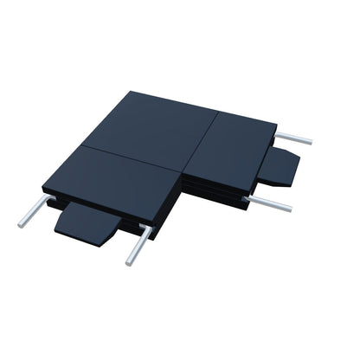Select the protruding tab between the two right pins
click(282, 168)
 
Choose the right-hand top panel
click(229, 147)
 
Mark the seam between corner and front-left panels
click(130, 157)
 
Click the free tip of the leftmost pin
click(20, 224)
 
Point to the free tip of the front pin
click(129, 262)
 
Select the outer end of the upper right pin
click(310, 141)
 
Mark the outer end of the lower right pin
click(289, 209)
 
